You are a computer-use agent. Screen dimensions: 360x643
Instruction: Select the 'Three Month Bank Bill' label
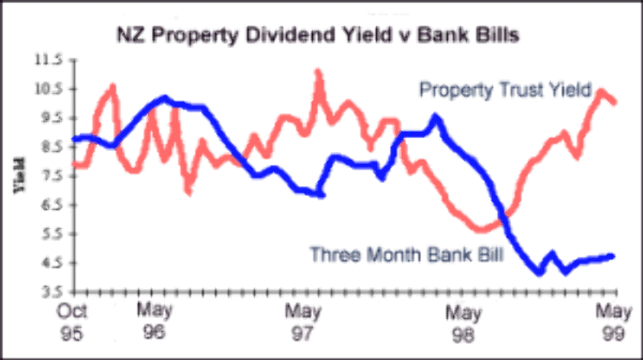click(x=407, y=256)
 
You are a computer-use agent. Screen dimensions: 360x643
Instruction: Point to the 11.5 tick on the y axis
click(x=48, y=59)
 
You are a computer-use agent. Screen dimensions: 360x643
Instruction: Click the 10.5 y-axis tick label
click(x=48, y=88)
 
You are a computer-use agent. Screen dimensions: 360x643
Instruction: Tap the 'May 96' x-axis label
click(x=154, y=320)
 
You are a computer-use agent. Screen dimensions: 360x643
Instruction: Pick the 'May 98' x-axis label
click(x=464, y=320)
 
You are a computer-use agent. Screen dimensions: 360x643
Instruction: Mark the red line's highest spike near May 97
click(x=318, y=72)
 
